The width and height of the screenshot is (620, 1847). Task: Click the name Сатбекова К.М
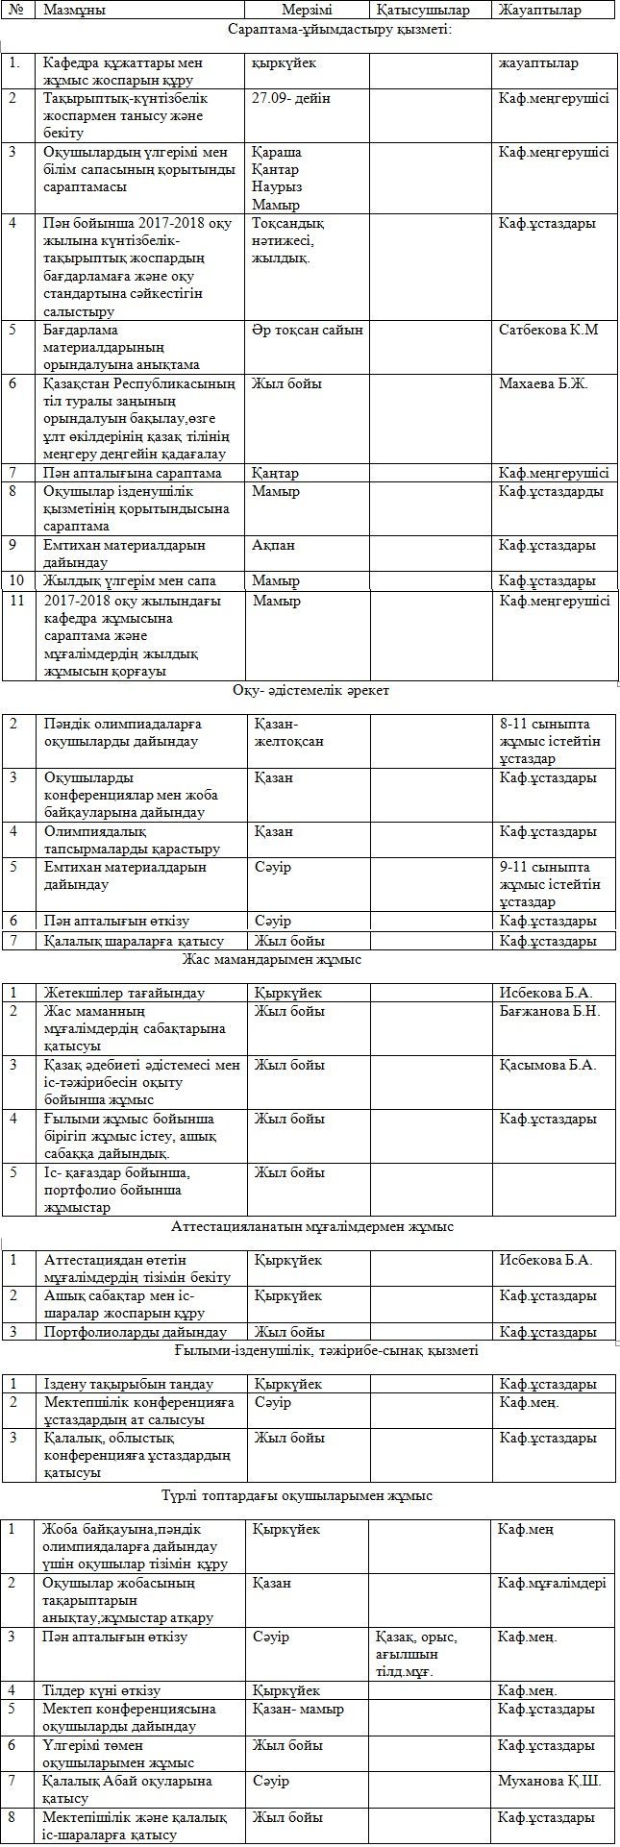point(549,330)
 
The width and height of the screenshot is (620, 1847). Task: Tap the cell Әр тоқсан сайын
point(308,330)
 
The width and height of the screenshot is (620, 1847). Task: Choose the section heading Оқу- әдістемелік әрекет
point(310,691)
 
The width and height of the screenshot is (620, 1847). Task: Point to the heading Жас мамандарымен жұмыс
point(271,959)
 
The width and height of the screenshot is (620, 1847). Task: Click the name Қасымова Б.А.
point(548,1065)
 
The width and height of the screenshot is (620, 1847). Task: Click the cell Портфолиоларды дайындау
point(136,1332)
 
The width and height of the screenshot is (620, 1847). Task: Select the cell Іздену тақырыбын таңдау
point(129,1384)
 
